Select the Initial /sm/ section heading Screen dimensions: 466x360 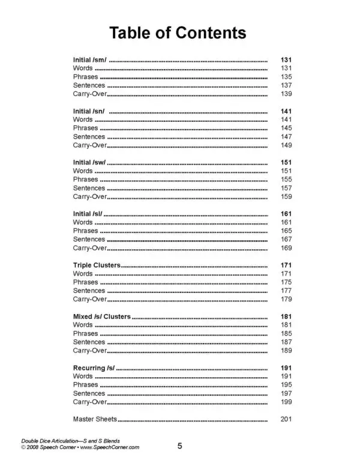90,61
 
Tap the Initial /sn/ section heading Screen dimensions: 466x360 89,112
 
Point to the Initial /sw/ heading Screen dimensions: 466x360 90,163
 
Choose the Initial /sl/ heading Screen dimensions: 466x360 88,214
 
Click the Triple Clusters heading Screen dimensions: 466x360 97,265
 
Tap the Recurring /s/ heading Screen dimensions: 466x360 93,367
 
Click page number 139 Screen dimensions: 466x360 286,94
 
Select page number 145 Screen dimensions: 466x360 286,129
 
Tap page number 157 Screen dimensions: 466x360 286,188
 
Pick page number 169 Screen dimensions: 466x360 286,247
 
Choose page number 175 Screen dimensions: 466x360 286,282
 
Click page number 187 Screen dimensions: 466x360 286,341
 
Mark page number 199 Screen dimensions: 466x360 286,401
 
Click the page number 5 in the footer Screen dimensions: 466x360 180,446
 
